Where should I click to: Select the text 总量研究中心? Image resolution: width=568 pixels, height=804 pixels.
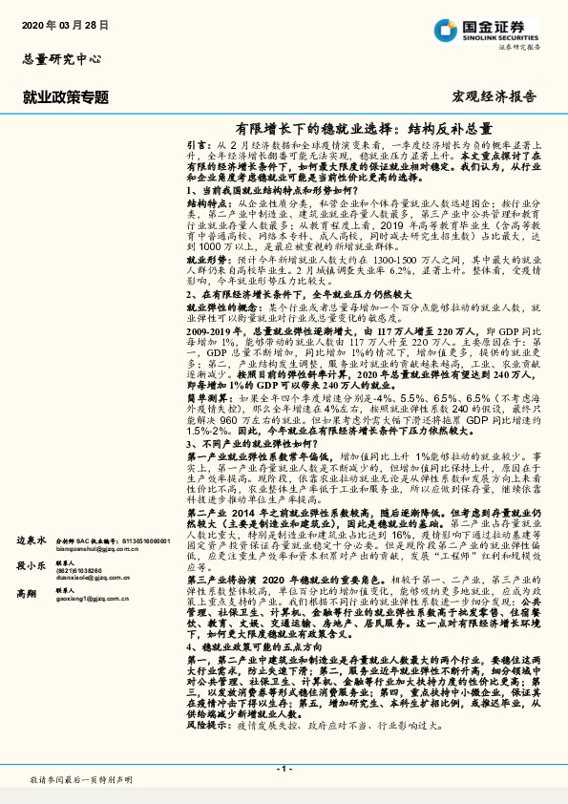(x=60, y=58)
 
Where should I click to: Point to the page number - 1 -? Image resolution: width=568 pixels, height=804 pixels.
(x=284, y=768)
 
